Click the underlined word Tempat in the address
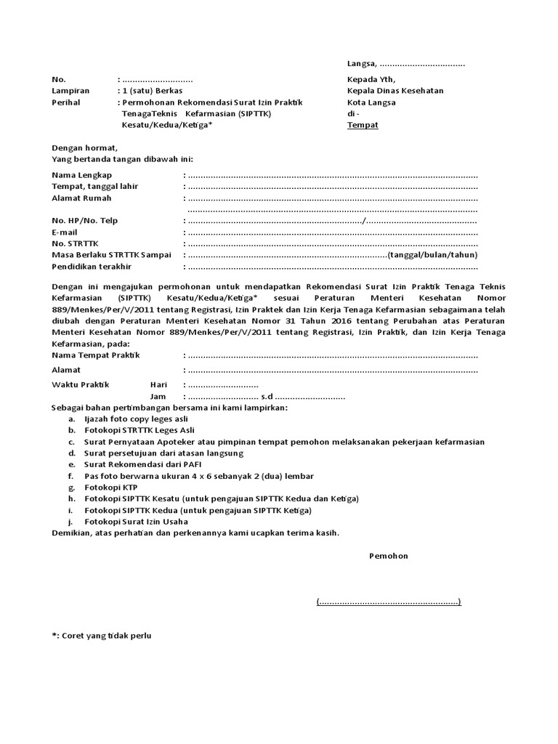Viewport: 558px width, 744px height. point(363,125)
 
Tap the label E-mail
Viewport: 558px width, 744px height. point(65,232)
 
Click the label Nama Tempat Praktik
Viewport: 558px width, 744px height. point(95,355)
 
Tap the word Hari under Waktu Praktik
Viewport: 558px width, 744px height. point(158,384)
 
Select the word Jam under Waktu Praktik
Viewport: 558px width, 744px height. point(158,397)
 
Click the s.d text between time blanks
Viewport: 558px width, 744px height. point(267,397)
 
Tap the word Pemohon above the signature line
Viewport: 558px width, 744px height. point(389,556)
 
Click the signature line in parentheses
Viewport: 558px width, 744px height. point(388,602)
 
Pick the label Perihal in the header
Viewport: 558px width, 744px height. point(65,102)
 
